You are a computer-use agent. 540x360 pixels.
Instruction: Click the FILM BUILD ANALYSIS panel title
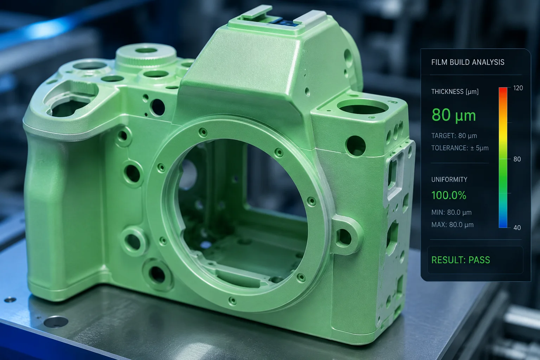click(468, 62)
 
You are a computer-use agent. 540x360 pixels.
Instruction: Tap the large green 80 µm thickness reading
click(454, 115)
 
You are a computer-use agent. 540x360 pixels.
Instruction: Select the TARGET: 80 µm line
click(454, 136)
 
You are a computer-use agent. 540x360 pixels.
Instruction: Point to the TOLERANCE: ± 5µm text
click(460, 148)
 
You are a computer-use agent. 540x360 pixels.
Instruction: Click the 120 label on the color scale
click(518, 88)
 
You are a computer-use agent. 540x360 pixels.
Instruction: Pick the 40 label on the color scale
click(517, 227)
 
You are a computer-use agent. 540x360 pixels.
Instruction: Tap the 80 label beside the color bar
click(517, 159)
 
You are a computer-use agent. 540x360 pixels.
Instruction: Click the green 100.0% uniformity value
click(449, 195)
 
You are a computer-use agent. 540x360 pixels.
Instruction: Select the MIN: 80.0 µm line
click(451, 212)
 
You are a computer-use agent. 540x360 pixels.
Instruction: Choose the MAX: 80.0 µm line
click(452, 225)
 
